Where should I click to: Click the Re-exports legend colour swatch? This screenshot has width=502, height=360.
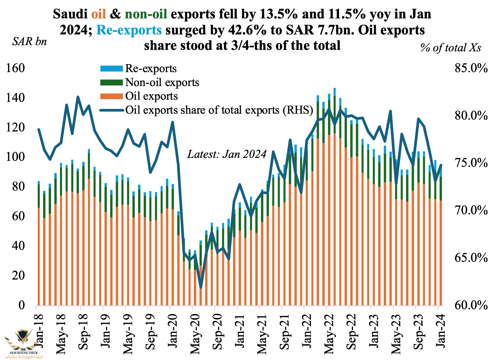click(111, 69)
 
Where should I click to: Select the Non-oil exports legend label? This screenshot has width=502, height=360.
click(162, 82)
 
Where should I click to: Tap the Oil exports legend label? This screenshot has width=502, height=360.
click(151, 96)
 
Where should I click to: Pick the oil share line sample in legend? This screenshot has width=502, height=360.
click(111, 110)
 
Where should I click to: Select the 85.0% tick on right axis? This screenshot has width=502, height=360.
click(471, 69)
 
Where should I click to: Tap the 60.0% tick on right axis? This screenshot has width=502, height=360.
click(471, 305)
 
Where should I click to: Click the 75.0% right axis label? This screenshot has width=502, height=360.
click(471, 163)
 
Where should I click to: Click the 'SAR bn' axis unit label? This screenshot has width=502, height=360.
click(29, 42)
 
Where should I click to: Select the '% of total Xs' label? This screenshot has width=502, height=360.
click(451, 47)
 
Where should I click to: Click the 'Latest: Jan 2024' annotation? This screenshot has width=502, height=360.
click(227, 154)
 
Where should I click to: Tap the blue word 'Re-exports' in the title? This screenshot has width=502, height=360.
click(129, 30)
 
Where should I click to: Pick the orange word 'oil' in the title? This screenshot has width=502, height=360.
click(99, 14)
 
